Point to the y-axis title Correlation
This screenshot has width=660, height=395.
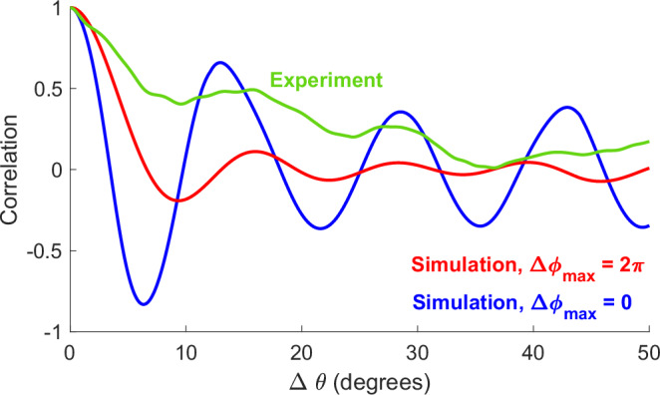tap(14, 170)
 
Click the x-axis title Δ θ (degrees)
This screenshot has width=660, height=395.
tap(359, 380)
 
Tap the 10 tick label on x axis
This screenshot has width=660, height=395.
tap(184, 352)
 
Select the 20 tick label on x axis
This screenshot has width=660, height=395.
tap(301, 352)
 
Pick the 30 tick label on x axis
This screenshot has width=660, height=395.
tap(418, 352)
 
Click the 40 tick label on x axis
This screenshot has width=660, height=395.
tap(533, 352)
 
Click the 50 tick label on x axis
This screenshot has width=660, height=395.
tap(648, 352)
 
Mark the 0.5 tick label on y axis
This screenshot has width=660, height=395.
tap(48, 89)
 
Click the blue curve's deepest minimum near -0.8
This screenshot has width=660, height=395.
tap(144, 303)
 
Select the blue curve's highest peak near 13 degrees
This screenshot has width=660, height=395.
tap(220, 63)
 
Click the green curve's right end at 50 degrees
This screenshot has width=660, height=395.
tap(649, 142)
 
